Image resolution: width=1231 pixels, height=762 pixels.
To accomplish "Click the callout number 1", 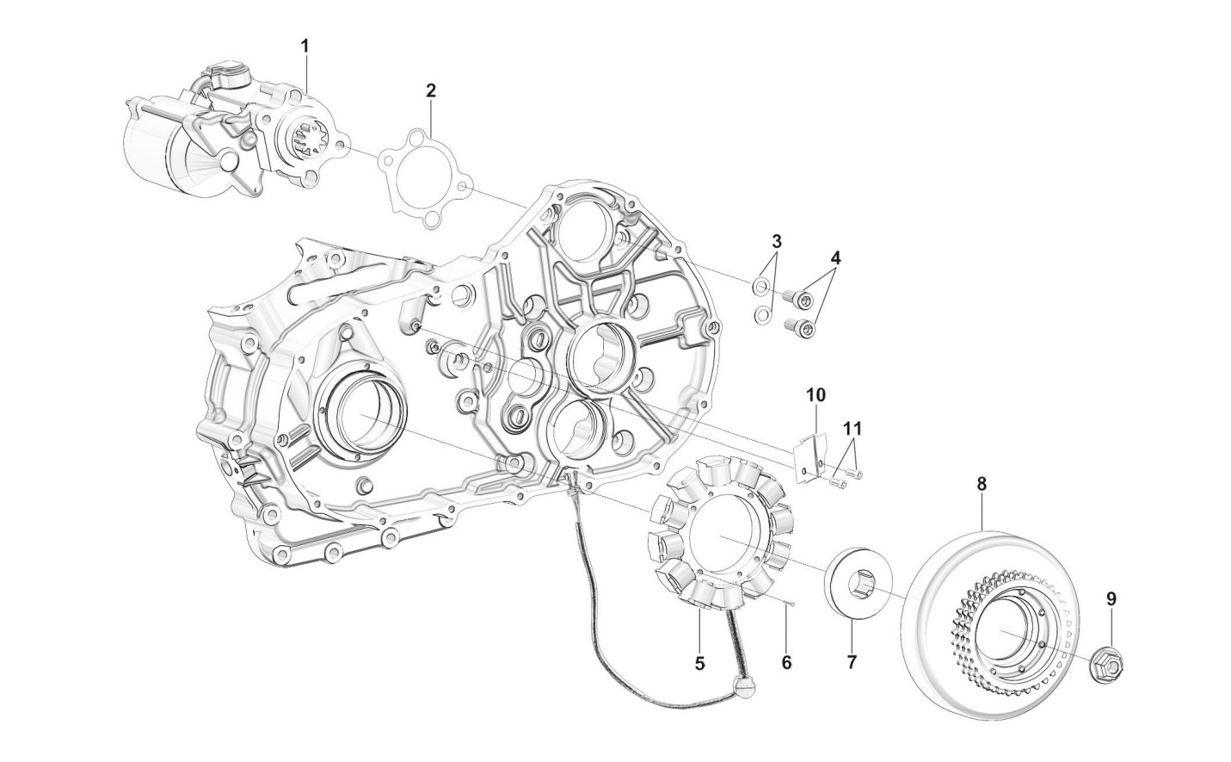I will [305, 45].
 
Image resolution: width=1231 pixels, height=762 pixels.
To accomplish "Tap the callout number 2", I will [431, 90].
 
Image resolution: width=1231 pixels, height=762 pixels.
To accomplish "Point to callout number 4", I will [835, 257].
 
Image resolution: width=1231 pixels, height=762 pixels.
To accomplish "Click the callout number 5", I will [699, 663].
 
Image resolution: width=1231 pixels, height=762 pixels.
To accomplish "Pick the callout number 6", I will [786, 663].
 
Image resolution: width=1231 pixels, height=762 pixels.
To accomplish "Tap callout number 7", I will [852, 663].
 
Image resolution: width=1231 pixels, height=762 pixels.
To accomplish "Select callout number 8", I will [982, 485].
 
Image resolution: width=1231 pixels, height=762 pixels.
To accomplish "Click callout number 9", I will [1111, 598].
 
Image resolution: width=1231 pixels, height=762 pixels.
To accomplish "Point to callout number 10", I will [816, 395].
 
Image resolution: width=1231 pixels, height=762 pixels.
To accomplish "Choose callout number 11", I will [852, 427].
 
